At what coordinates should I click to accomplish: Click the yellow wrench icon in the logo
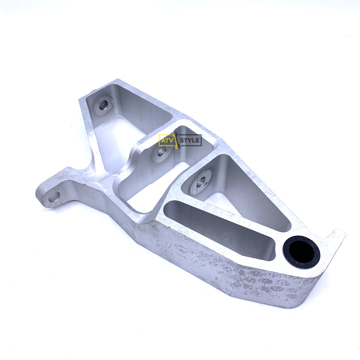pyautogui.click(x=176, y=140)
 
